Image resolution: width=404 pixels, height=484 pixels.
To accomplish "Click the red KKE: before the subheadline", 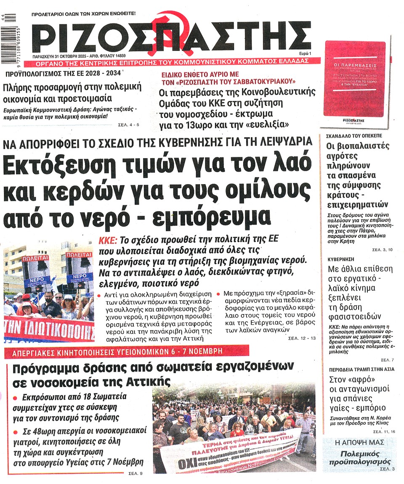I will pyautogui.click(x=109, y=241).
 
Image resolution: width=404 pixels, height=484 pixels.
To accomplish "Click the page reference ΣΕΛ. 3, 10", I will pyautogui.click(x=382, y=250).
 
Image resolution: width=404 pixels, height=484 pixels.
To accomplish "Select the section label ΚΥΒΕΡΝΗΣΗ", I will pyautogui.click(x=342, y=259).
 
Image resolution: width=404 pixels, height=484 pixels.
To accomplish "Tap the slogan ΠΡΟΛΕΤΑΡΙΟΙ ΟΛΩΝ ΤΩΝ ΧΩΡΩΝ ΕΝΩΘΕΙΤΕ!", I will pyautogui.click(x=84, y=13).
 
